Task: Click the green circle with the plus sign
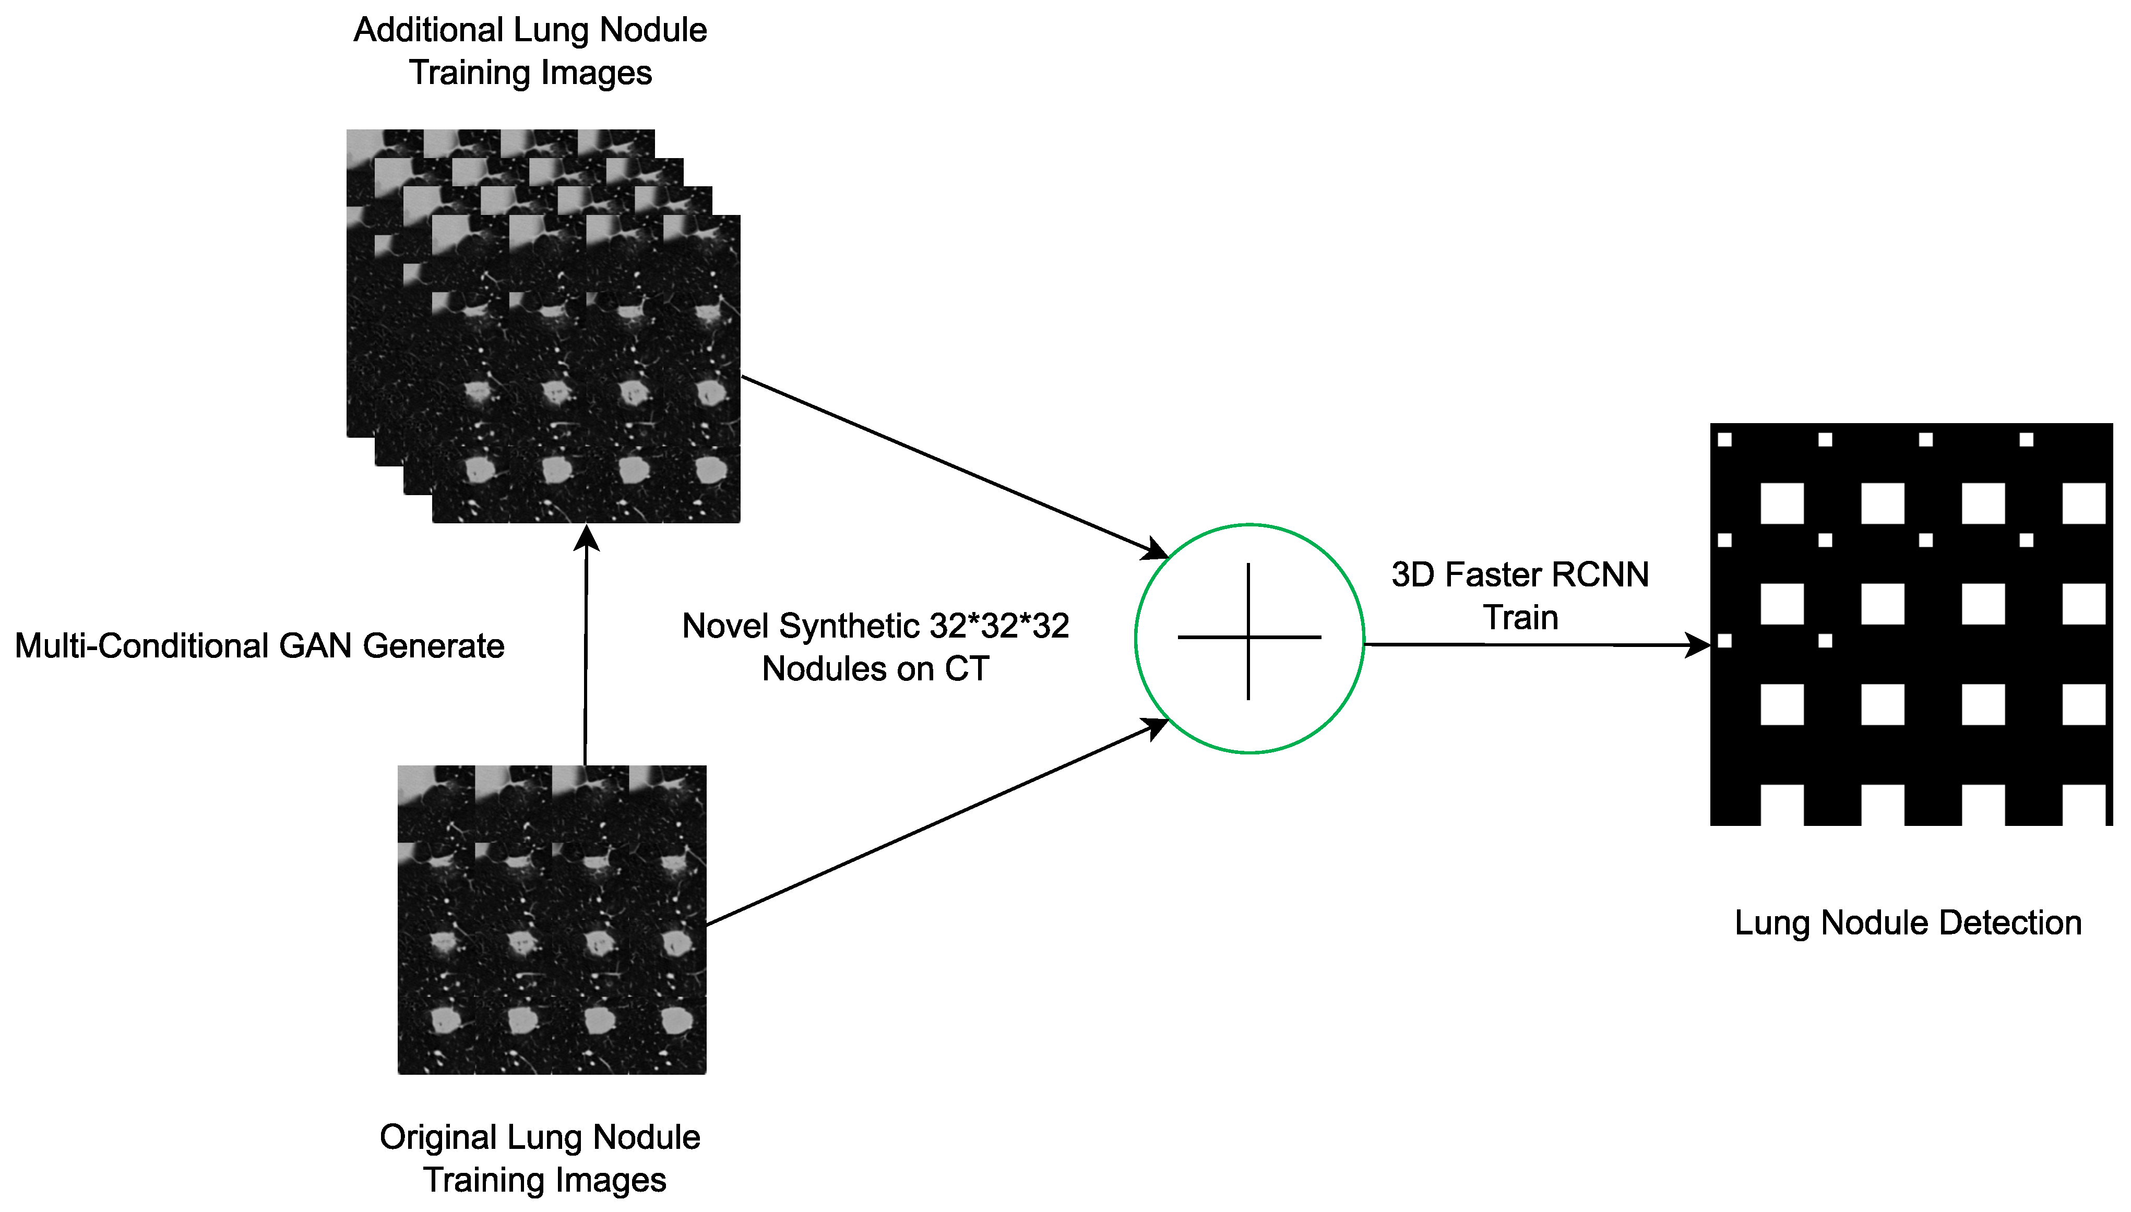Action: coord(1248,639)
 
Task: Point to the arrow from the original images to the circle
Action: coord(932,824)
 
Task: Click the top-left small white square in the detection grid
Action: coord(1725,439)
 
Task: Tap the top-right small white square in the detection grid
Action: coord(2026,439)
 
